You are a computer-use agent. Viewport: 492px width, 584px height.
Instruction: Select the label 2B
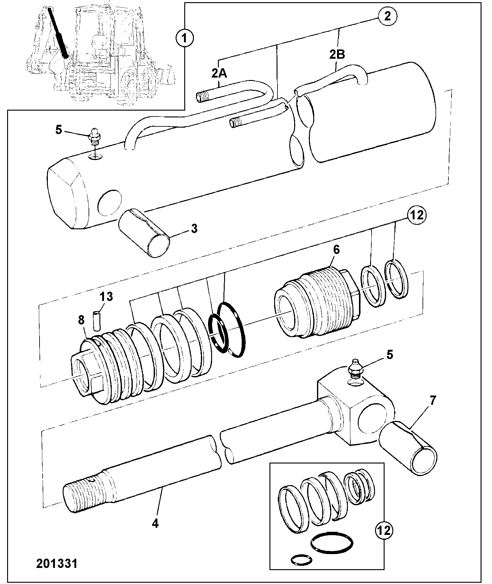click(x=337, y=55)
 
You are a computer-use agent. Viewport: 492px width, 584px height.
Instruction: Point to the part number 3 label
click(x=194, y=229)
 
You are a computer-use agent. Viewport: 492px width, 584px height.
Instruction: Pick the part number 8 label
click(x=81, y=320)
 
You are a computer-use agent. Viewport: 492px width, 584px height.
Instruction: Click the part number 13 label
click(x=106, y=297)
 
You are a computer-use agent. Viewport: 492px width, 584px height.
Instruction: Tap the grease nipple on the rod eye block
click(x=356, y=369)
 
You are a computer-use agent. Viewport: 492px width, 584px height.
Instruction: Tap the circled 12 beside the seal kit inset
click(x=384, y=531)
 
